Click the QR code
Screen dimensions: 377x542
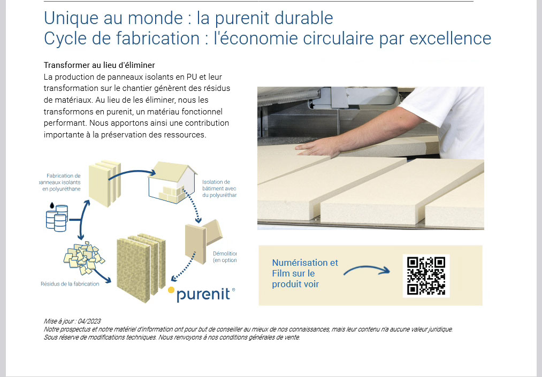click(x=426, y=275)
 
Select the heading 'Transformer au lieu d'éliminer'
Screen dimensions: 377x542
click(x=99, y=65)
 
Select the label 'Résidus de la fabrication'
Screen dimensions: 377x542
click(x=70, y=284)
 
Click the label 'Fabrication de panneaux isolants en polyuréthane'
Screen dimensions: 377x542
click(x=62, y=182)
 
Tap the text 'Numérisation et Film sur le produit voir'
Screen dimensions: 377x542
click(x=304, y=273)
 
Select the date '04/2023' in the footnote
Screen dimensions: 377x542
click(x=89, y=321)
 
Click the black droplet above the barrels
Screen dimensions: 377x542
click(x=51, y=205)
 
